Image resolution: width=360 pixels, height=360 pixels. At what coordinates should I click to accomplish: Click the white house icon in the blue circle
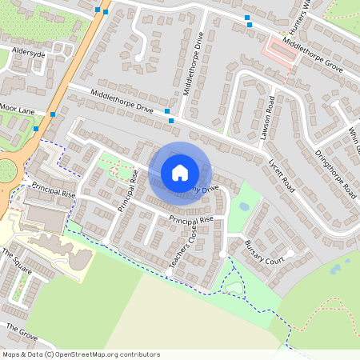(x=180, y=172)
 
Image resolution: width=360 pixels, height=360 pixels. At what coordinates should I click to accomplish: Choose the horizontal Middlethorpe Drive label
(x=122, y=102)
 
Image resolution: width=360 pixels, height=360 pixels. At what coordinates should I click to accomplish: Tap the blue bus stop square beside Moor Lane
(x=53, y=114)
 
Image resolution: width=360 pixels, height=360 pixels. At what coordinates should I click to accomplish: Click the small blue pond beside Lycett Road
(x=244, y=206)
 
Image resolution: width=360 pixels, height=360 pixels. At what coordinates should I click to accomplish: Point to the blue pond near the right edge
(x=334, y=270)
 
